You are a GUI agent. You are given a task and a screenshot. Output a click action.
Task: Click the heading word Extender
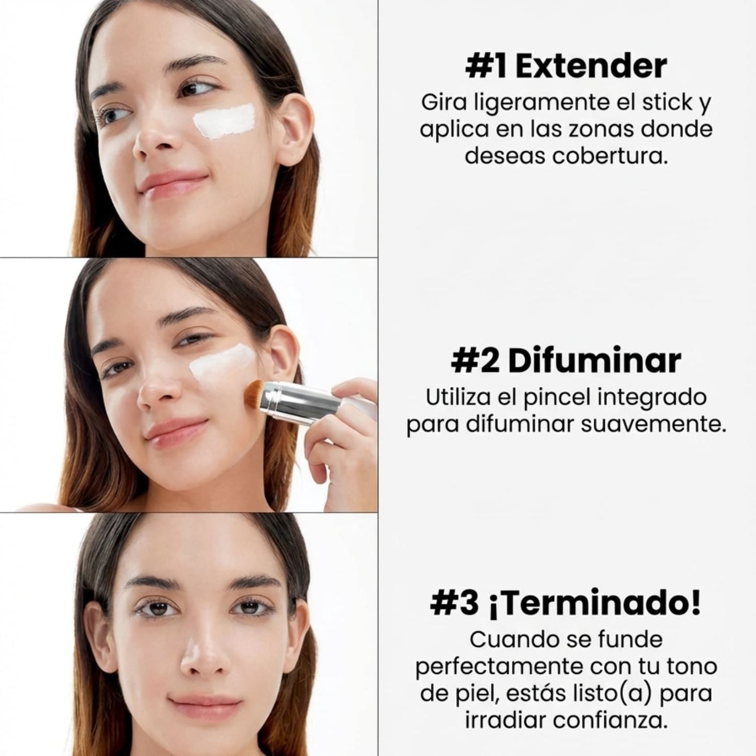point(591,66)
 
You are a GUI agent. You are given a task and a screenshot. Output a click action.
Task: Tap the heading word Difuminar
point(594,361)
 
